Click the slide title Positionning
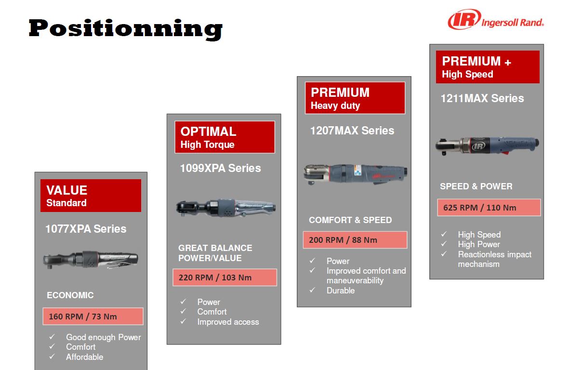[126, 28]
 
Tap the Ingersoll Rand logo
[496, 20]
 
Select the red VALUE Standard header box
[91, 196]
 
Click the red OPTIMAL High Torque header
[225, 137]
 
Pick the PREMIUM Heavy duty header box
[355, 98]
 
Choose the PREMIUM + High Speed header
[488, 67]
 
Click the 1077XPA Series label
[86, 229]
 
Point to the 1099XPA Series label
[220, 168]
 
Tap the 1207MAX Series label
[352, 131]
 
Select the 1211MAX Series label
[482, 98]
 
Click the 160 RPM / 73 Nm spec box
[93, 317]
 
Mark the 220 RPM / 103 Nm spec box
[225, 277]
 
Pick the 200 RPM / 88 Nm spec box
[355, 240]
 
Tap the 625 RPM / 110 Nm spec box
[489, 208]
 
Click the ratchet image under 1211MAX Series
[487, 145]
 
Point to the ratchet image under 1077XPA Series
[91, 260]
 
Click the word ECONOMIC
[70, 295]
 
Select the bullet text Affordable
[84, 357]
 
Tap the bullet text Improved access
[228, 322]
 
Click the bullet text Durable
[340, 291]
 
